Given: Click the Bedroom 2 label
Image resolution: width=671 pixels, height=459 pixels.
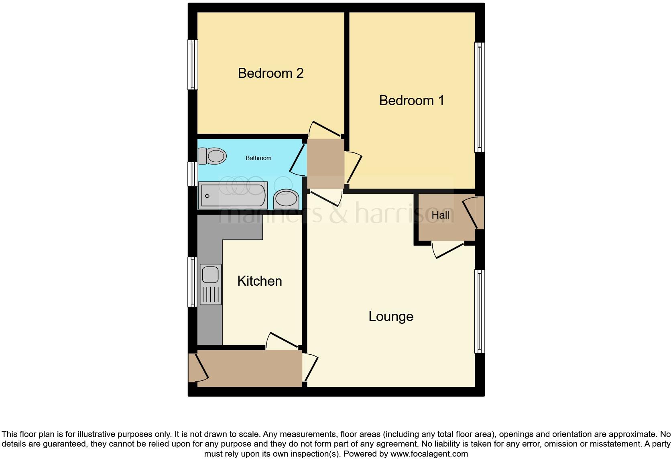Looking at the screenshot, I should (x=270, y=73).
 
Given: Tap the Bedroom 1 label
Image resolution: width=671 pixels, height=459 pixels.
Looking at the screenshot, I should (x=411, y=100).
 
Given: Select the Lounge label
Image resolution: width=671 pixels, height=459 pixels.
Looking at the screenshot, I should (x=390, y=317).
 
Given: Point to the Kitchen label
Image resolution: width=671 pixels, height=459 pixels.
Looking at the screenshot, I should (x=259, y=281).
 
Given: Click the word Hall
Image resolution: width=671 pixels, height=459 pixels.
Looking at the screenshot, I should (x=440, y=215).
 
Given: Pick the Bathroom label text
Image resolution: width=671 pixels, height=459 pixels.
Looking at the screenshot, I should (x=258, y=158).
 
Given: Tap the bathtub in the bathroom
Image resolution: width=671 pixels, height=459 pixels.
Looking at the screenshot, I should (x=233, y=195).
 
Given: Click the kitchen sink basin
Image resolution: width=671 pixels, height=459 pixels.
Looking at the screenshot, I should (x=210, y=275).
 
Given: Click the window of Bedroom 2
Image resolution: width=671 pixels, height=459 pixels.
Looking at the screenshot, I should (x=193, y=64).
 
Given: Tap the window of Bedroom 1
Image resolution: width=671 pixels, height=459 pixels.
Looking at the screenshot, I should (x=480, y=97).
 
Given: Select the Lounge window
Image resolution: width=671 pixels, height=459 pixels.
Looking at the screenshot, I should (x=480, y=311).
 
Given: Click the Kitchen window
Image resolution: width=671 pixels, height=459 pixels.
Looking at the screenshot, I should (x=193, y=282).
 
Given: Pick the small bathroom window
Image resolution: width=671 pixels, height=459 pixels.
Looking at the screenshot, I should (x=193, y=174).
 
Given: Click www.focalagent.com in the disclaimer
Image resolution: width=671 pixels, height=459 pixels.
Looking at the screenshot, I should (x=429, y=454).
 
